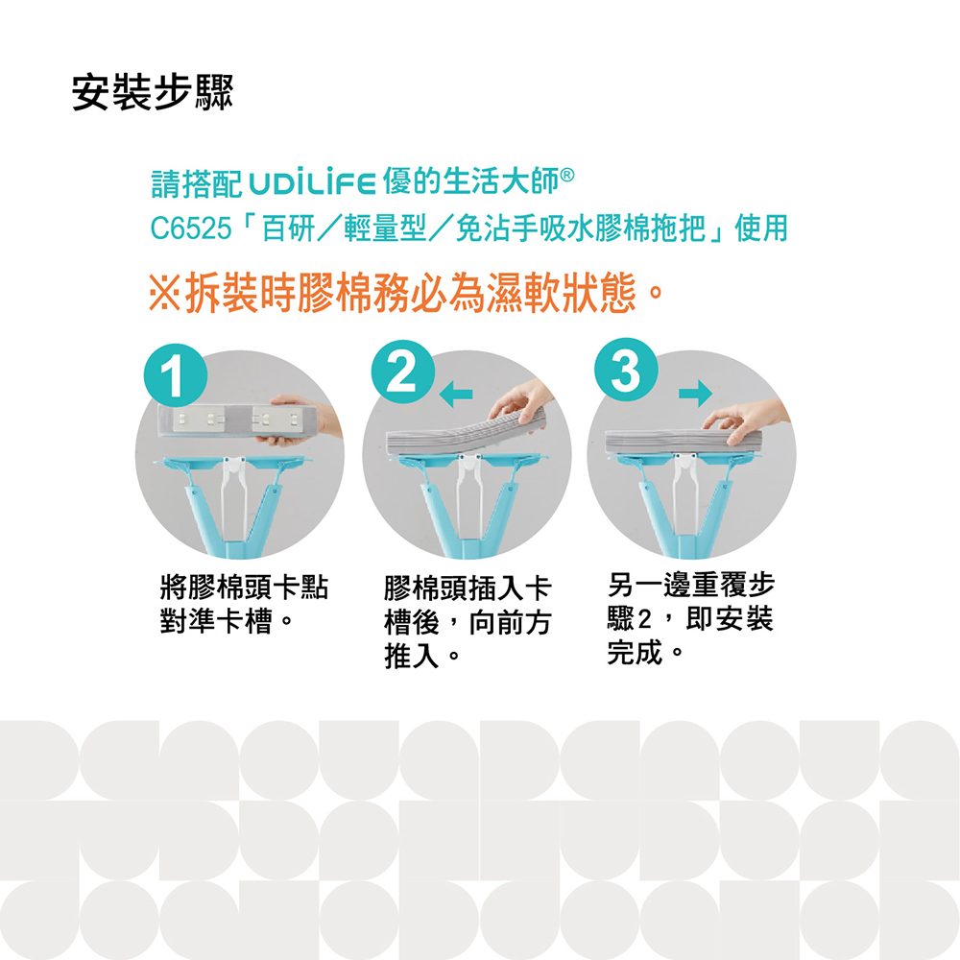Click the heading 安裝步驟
(153, 92)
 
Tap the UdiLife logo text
(312, 183)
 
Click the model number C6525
(191, 229)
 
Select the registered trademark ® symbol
(567, 176)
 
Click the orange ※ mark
(164, 293)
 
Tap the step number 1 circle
(176, 375)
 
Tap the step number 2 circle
(403, 372)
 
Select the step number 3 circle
(626, 370)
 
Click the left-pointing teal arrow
(456, 395)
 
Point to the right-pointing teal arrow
(695, 393)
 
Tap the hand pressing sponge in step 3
(745, 420)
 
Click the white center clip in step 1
(234, 490)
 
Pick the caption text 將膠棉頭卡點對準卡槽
(244, 604)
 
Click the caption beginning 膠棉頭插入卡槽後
(468, 621)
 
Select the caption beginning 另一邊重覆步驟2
(691, 618)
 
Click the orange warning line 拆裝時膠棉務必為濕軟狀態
(407, 293)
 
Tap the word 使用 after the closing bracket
(761, 229)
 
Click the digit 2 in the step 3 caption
(643, 619)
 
